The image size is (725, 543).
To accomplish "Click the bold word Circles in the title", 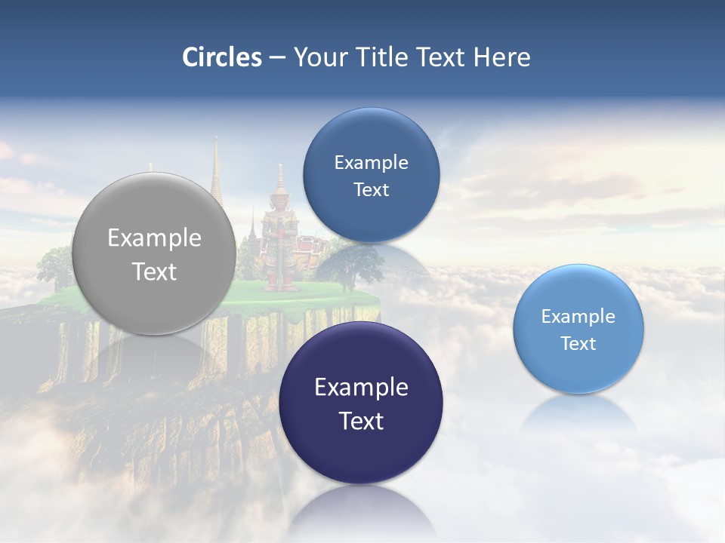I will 222,57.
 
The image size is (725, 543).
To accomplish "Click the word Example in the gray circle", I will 154,238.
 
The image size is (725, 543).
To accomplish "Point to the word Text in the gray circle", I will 154,271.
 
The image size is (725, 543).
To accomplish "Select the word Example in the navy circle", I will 361,388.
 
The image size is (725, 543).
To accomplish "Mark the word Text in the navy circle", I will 361,421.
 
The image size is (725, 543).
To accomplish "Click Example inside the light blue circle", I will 578,317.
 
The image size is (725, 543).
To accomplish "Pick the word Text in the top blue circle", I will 371,190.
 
